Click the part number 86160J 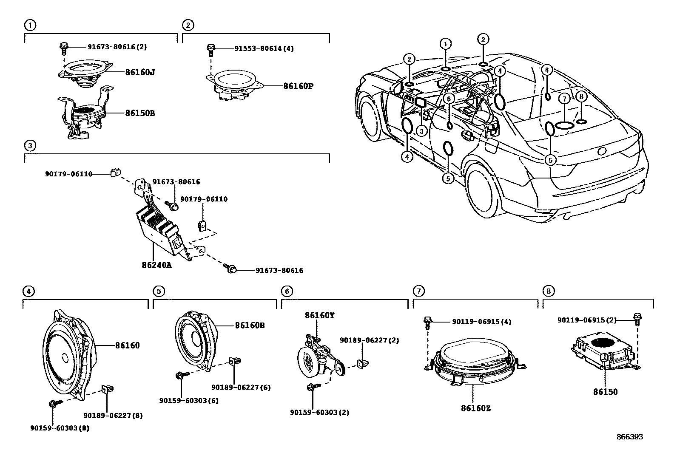point(140,72)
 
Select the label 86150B point(140,113)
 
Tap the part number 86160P point(298,86)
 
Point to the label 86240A point(157,265)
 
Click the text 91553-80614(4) point(264,48)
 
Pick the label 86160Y point(319,315)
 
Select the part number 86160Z point(476,408)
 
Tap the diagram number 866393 point(630,437)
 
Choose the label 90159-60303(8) point(60,428)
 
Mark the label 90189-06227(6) point(241,387)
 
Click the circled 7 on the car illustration point(563,99)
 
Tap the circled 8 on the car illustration point(582,96)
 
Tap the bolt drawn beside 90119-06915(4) point(428,323)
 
